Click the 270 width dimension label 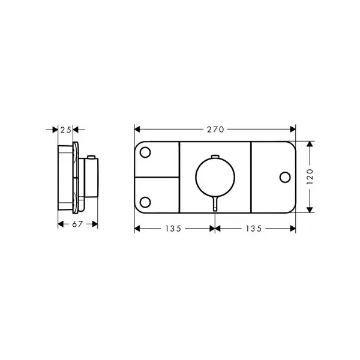coord(215,130)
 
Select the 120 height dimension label coord(310,176)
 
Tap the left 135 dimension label coord(173,229)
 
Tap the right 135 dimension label coord(254,229)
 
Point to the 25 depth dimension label coord(65,130)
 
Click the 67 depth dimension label coord(77,224)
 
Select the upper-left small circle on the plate coord(145,152)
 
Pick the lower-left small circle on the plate coord(145,202)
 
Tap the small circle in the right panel coord(285,177)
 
